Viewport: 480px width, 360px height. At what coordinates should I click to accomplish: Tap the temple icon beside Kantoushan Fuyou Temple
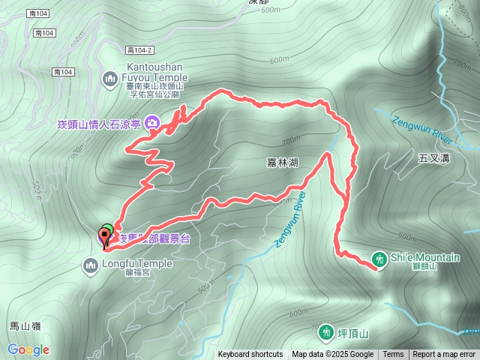point(110,77)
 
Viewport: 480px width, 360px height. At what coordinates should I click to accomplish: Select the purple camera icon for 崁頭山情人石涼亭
point(153,121)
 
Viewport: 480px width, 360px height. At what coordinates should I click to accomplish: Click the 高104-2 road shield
point(139,49)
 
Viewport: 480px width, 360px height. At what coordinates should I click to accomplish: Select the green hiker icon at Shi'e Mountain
point(379,259)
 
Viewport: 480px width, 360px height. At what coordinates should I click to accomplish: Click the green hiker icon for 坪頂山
point(325,331)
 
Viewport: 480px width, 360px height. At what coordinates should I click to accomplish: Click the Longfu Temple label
point(138,264)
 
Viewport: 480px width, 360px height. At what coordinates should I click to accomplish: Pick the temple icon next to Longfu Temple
point(91,265)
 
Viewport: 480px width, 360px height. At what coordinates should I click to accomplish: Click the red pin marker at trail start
point(104,238)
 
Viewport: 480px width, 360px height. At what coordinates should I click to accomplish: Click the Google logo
point(28,349)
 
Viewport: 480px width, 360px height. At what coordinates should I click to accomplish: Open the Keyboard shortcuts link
point(250,355)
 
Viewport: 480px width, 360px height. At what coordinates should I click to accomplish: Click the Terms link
point(393,355)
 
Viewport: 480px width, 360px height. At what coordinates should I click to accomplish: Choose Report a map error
point(444,355)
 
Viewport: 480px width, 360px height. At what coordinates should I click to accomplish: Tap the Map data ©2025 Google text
point(332,355)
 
